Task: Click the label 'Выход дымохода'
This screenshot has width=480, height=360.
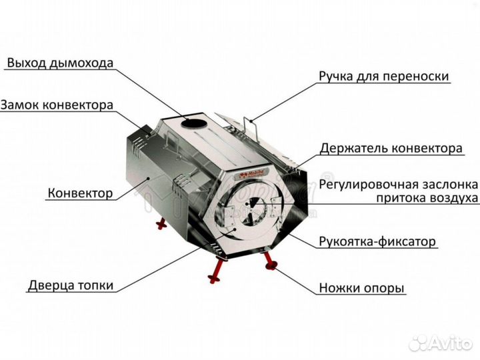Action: coord(60,63)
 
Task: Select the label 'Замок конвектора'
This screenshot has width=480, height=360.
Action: coord(57,105)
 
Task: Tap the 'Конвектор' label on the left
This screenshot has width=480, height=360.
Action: coord(79,193)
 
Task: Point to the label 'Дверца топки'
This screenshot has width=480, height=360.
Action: coord(71,285)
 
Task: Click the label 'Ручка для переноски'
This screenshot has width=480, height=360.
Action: coord(383,77)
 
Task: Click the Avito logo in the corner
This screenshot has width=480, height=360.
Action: coord(441,343)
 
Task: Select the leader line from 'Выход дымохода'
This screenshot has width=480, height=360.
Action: coord(150,93)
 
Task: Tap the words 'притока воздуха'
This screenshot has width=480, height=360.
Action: coord(427,198)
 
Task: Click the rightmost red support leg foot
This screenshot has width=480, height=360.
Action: coord(272,267)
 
